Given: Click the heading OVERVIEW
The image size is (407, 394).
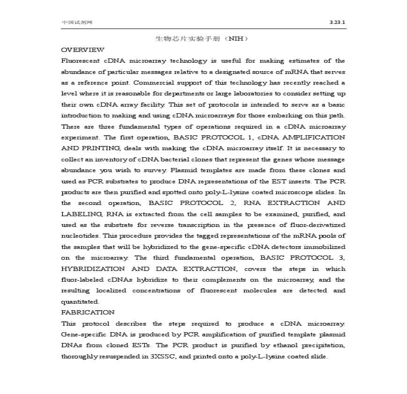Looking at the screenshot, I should coord(83,50).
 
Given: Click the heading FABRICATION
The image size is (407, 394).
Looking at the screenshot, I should coord(88,312).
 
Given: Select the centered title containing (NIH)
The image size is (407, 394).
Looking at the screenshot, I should coord(202,38).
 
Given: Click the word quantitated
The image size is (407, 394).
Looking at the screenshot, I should coord(80,301).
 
